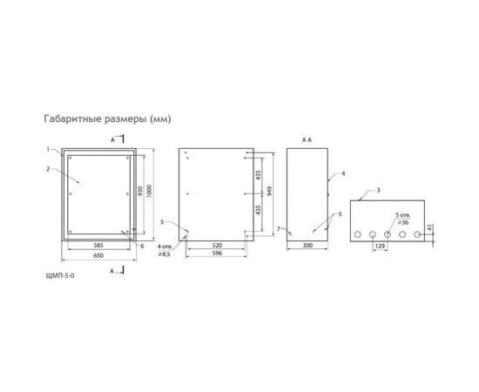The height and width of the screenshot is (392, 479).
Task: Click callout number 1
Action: click(x=50, y=149)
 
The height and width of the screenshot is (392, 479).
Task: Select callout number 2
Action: click(x=50, y=168)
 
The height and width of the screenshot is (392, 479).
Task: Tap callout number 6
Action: click(x=142, y=246)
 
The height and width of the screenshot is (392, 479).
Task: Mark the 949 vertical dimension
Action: click(x=270, y=192)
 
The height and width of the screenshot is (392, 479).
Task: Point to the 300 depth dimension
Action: click(x=307, y=247)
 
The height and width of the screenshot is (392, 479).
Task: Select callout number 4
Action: click(x=343, y=174)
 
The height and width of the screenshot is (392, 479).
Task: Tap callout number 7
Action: click(x=278, y=228)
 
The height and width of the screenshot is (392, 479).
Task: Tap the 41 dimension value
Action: click(x=434, y=228)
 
